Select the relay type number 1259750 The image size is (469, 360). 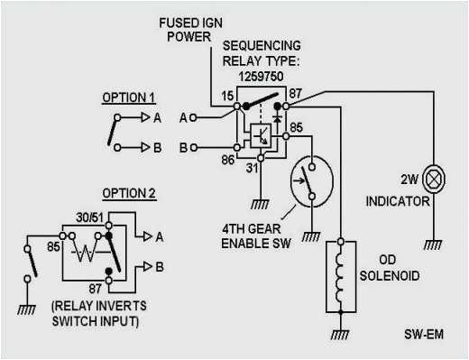268,78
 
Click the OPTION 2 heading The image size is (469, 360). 128,192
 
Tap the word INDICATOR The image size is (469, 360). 398,202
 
